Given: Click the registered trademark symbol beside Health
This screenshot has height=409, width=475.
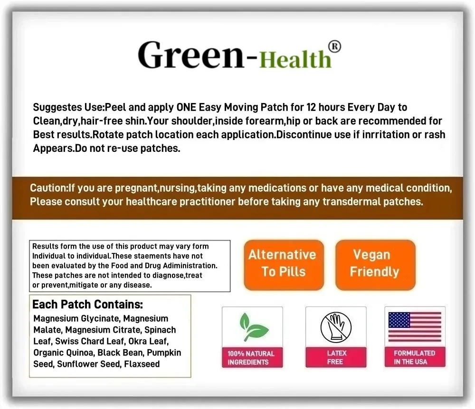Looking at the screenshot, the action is click(334, 46).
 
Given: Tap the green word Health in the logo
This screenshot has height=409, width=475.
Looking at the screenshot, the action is click(295, 59).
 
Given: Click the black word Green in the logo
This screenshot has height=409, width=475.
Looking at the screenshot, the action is click(191, 55).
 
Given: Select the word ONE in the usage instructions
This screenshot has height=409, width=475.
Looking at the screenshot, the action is click(186, 107).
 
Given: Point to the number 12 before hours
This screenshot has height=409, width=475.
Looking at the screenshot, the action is click(311, 107).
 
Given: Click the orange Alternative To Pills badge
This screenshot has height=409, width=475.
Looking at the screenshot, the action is click(284, 265).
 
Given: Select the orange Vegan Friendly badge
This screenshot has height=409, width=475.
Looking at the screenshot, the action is click(375, 265).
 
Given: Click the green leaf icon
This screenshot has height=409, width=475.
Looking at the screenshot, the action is click(253, 327).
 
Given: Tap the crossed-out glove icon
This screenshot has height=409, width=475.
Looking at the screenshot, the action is click(336, 327).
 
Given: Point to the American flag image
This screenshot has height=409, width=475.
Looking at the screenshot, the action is click(415, 327).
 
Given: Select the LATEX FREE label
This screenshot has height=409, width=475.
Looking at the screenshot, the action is click(336, 357).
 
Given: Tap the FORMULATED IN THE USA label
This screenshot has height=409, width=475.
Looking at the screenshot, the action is click(415, 357).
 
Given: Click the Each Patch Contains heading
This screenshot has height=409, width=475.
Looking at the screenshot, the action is click(87, 305).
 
